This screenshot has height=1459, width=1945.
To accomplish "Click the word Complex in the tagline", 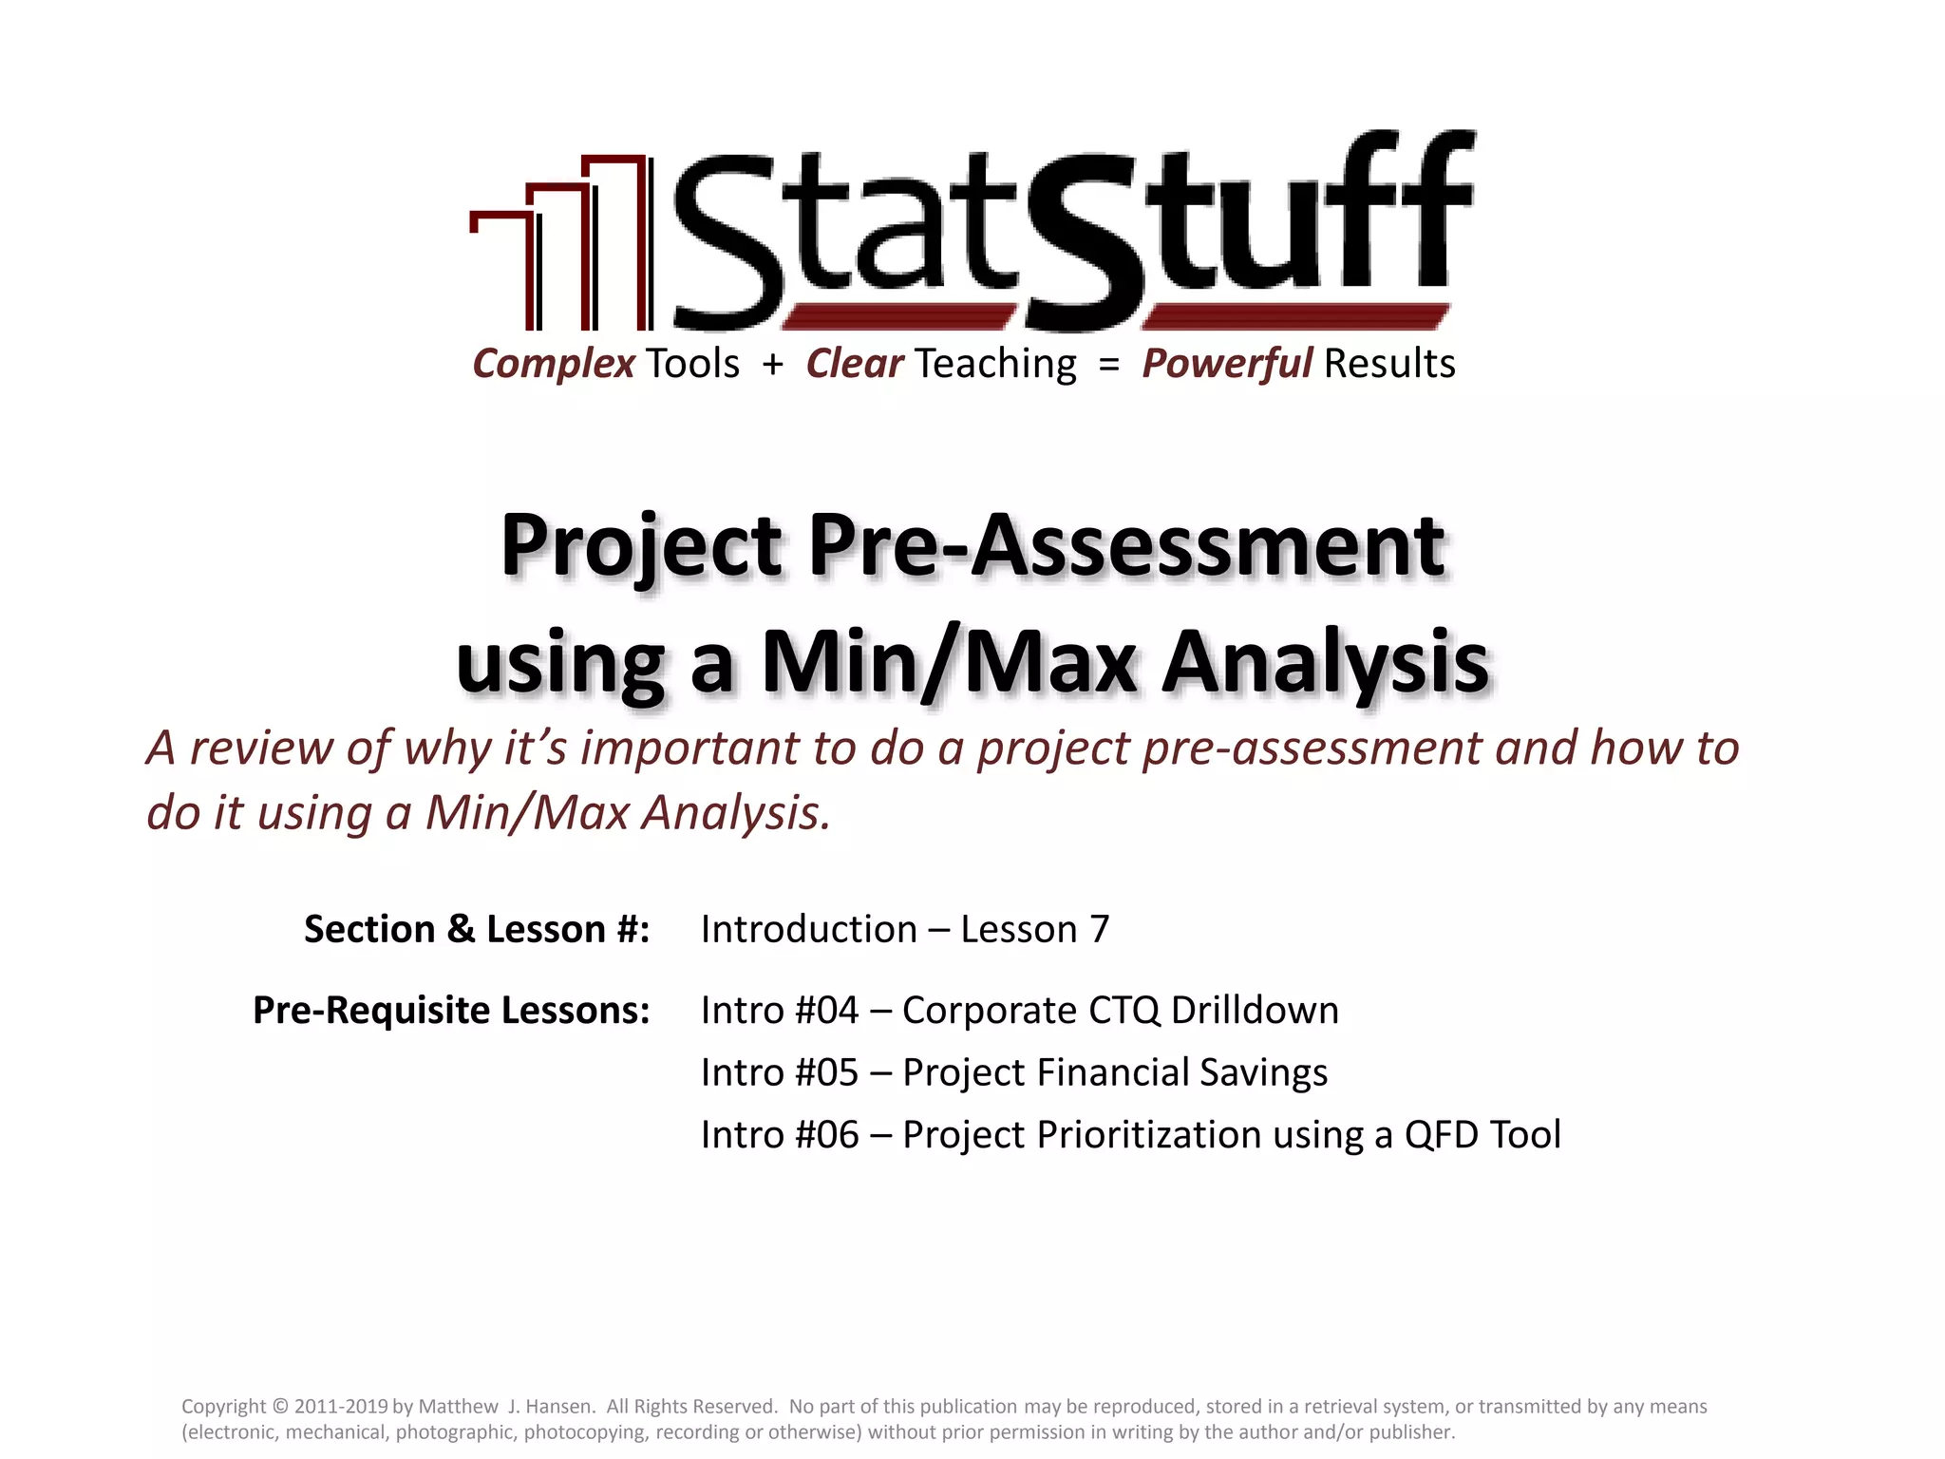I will (554, 364).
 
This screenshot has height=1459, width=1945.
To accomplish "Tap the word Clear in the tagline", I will (854, 364).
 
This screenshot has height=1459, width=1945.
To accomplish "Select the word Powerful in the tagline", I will (1227, 364).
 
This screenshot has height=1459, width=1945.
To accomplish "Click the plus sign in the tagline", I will (773, 364).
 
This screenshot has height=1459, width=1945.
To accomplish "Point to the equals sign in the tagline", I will (1108, 364).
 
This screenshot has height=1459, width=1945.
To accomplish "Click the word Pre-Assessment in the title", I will (1126, 546).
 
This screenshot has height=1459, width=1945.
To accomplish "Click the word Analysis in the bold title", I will (1326, 662).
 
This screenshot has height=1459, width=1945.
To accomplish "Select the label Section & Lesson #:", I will (477, 929).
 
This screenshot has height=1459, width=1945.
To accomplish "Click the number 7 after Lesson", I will (1100, 929).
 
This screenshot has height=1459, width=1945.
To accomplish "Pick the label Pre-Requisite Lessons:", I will (451, 1010).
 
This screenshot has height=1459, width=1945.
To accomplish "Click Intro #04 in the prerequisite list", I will (780, 1010).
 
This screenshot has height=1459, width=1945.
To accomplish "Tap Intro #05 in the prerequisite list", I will (780, 1072).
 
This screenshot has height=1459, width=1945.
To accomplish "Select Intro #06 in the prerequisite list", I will (780, 1135).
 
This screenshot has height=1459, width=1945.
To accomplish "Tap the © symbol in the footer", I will (279, 1407).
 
